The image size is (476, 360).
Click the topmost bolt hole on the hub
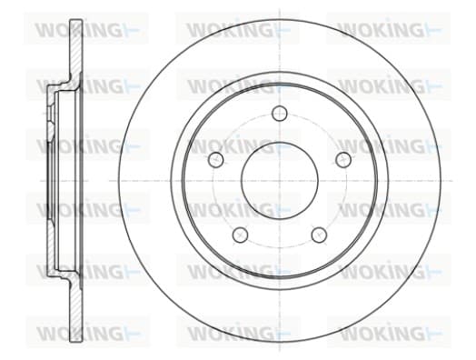point(279,114)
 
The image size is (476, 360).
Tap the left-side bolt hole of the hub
point(216,159)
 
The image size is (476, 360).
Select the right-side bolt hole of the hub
point(343,159)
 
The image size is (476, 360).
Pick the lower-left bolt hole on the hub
point(240,235)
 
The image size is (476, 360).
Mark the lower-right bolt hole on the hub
point(320,235)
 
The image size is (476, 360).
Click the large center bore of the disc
point(280,181)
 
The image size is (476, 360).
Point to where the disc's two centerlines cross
point(280,181)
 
